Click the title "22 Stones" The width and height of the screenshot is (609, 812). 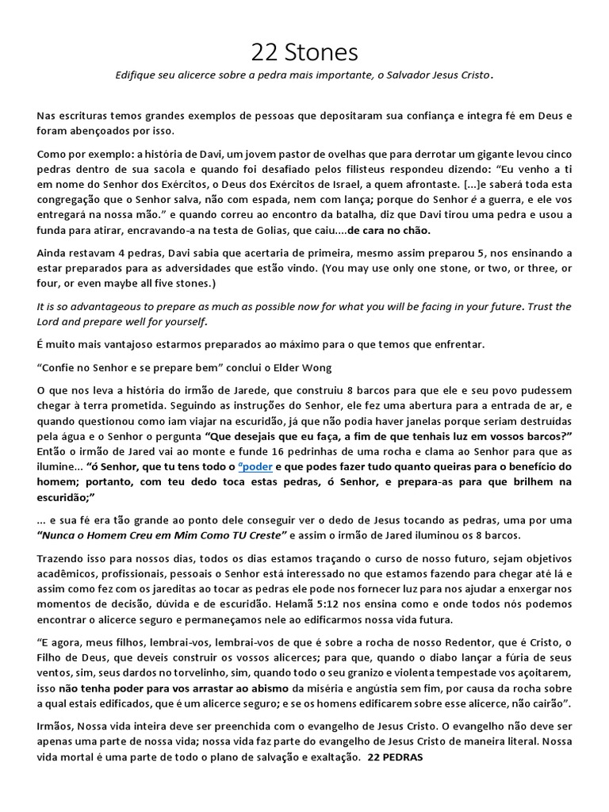coord(304,52)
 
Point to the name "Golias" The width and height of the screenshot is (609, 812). coord(301,231)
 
